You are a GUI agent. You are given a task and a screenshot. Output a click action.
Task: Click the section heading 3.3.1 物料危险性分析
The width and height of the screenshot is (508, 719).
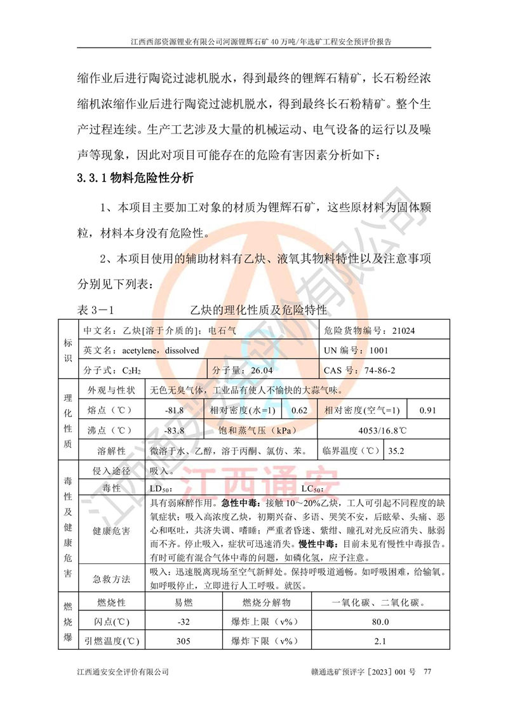point(135,178)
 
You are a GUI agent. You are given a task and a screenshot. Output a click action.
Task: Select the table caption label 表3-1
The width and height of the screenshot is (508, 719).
point(95,310)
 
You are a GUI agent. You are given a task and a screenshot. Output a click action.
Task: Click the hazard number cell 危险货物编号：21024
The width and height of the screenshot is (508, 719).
point(370,331)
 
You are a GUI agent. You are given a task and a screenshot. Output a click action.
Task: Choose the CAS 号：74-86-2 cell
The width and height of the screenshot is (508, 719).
point(359,370)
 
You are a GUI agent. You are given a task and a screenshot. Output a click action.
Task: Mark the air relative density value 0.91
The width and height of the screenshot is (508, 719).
point(428,410)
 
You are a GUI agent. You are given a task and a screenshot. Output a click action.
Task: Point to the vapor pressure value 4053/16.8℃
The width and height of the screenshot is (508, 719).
point(382,430)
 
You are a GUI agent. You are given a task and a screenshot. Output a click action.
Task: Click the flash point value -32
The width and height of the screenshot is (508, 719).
point(183,621)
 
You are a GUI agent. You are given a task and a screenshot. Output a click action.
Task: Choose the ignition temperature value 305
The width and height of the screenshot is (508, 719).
point(183,641)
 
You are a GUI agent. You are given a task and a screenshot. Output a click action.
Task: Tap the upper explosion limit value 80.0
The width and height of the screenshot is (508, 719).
point(380,621)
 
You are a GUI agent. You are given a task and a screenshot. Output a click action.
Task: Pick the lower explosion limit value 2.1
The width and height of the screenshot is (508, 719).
point(380,641)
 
